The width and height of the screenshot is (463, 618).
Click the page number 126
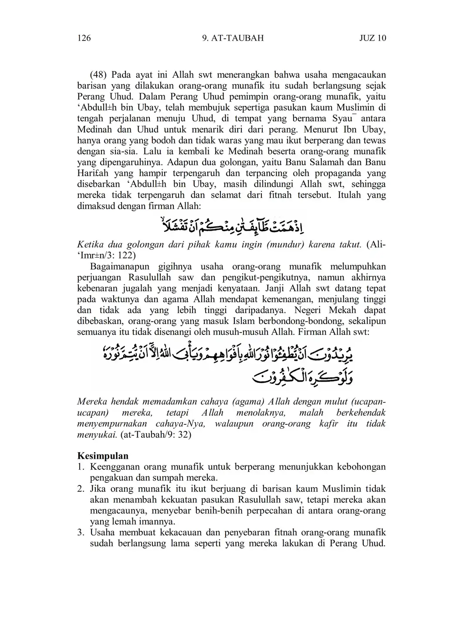[84, 38]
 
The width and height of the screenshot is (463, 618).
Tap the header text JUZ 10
[372, 38]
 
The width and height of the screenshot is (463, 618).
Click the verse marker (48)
[99, 75]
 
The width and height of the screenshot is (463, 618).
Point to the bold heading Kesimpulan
[103, 456]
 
